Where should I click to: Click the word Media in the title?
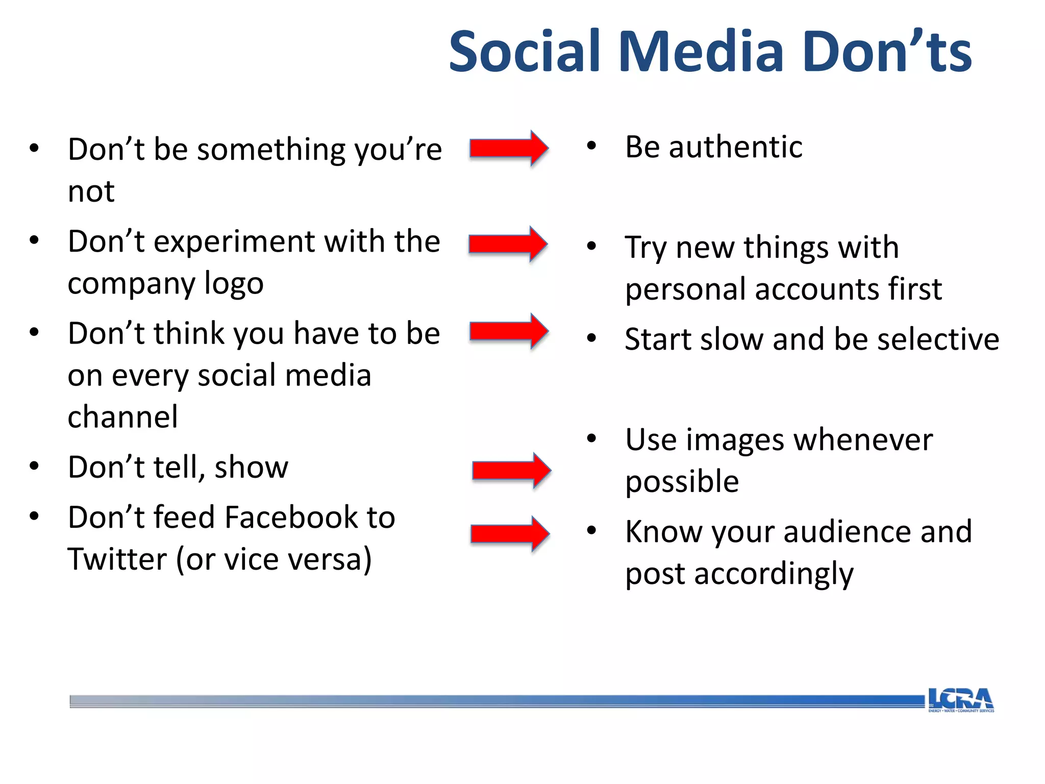pos(701,52)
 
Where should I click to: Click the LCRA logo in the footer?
pos(960,700)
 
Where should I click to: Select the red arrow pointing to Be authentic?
pos(509,149)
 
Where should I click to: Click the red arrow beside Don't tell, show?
pos(511,470)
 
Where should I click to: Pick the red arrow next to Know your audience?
pos(510,534)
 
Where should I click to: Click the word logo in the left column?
pos(234,284)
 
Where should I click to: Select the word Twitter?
pos(117,559)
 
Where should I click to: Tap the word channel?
pos(123,417)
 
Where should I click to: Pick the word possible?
pos(682,482)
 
